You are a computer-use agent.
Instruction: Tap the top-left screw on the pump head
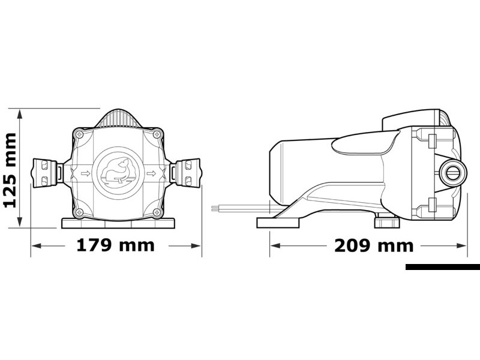(x=80, y=134)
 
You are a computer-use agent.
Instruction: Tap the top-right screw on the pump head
(x=157, y=134)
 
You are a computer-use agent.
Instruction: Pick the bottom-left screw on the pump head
(x=80, y=212)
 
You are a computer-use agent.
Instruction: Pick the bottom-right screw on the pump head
(x=157, y=212)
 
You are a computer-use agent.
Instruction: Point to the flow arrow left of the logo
(x=86, y=173)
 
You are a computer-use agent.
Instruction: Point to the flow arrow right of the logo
(x=151, y=173)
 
